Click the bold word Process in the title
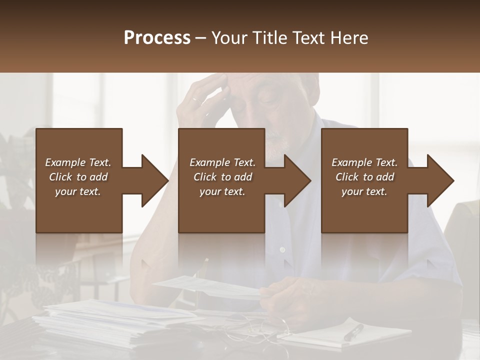pyautogui.click(x=157, y=38)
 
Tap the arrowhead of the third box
pyautogui.click(x=440, y=180)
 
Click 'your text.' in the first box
pyautogui.click(x=78, y=191)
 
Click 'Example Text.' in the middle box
pyautogui.click(x=222, y=162)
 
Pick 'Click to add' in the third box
pyautogui.click(x=364, y=177)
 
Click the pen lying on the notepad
pyautogui.click(x=353, y=331)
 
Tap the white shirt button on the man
pyautogui.click(x=282, y=249)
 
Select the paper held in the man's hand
pyautogui.click(x=210, y=287)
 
